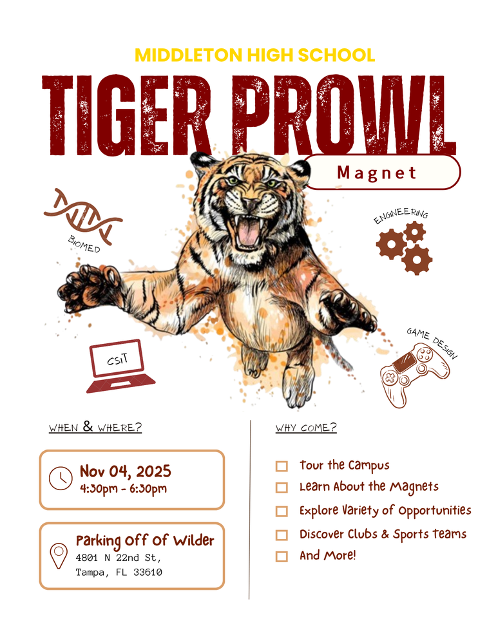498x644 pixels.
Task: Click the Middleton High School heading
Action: click(x=254, y=55)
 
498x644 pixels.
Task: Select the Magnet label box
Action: click(x=382, y=173)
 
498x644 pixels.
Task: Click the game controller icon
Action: click(x=414, y=375)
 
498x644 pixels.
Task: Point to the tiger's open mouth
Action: click(x=248, y=232)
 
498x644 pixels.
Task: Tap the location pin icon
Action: click(x=59, y=555)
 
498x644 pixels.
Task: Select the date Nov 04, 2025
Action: click(x=125, y=471)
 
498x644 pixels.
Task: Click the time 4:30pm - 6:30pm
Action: click(x=123, y=488)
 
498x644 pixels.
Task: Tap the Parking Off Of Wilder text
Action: click(x=145, y=540)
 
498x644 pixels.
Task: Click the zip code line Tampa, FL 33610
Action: click(x=119, y=572)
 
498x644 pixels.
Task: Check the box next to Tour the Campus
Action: click(x=282, y=466)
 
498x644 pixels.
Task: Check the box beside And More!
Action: click(x=282, y=556)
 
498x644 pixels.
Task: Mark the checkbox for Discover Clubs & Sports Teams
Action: click(x=282, y=535)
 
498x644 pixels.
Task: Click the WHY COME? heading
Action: click(x=306, y=428)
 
